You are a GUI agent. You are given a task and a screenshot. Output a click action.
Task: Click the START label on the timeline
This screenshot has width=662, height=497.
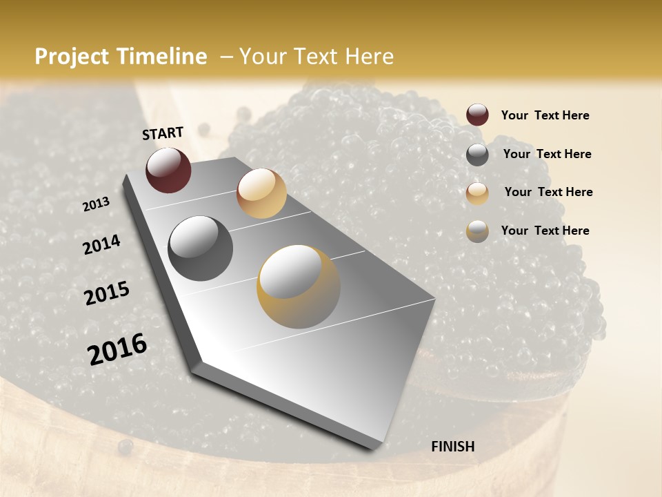click(x=163, y=133)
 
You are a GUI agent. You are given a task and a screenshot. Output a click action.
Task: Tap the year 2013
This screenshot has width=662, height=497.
click(x=96, y=204)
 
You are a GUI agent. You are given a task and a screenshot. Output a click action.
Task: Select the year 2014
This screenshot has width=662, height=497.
click(x=101, y=244)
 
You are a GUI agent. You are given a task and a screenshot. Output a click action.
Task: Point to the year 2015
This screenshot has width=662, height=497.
click(x=107, y=293)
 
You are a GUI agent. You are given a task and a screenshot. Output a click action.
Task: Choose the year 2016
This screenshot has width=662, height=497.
click(x=117, y=349)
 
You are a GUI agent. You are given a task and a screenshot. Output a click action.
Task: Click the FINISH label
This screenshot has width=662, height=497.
click(x=452, y=447)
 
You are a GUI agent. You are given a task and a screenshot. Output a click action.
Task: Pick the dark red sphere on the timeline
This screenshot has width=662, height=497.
click(x=168, y=170)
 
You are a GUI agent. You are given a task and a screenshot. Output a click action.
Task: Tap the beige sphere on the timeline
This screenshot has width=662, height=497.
click(x=261, y=193)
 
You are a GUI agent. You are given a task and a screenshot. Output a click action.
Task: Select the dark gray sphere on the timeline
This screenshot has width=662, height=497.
click(x=201, y=248)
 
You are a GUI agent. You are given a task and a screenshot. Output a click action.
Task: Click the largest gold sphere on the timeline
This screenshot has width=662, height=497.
click(x=299, y=286)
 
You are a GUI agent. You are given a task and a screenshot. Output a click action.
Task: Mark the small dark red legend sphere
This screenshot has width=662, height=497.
click(x=477, y=115)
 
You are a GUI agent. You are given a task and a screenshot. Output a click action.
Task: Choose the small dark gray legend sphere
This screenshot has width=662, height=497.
click(x=477, y=154)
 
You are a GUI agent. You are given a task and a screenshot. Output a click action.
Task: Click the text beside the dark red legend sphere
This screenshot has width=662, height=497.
click(x=545, y=115)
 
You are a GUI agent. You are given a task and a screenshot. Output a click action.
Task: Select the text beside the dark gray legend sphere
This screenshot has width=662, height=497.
click(x=547, y=154)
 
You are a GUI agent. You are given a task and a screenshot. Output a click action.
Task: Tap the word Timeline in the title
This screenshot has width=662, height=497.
click(x=163, y=57)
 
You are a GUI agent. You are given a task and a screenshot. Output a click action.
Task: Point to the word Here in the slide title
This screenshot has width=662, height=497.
click(x=369, y=57)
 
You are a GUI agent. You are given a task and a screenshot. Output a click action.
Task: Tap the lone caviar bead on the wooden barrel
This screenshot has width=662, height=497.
click(x=125, y=447)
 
